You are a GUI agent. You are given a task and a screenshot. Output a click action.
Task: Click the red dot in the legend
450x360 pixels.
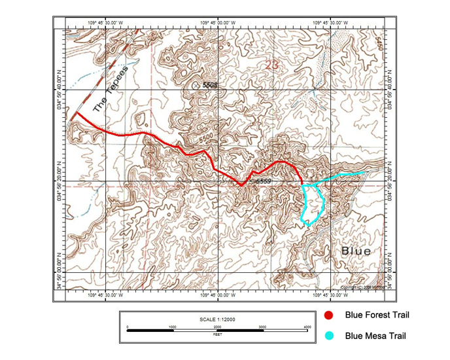pos(330,315)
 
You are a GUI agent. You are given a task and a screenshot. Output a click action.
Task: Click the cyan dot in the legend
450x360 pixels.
pos(330,336)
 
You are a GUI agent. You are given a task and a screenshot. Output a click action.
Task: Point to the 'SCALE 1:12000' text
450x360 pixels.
pos(217,319)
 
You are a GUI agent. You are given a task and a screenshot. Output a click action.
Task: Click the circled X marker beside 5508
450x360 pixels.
pos(196,84)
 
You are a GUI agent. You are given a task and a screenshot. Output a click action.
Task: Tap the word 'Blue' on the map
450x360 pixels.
pos(356,251)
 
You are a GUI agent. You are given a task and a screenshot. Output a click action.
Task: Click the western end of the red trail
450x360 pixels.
pos(76,114)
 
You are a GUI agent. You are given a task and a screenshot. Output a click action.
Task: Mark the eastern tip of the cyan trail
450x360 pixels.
pos(364,172)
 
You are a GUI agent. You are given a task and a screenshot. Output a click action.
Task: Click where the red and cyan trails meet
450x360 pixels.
pos(302,185)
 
